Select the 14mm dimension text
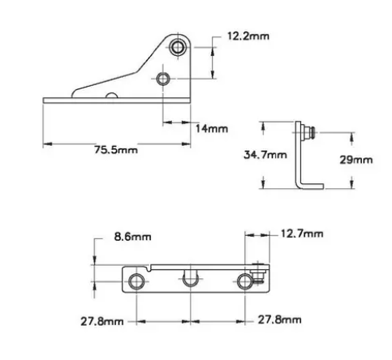(x=212, y=129)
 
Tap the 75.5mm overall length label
(x=116, y=150)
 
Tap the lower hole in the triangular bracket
(x=164, y=79)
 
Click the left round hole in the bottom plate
(x=136, y=281)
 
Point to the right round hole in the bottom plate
(x=246, y=281)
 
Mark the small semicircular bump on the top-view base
(x=108, y=97)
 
